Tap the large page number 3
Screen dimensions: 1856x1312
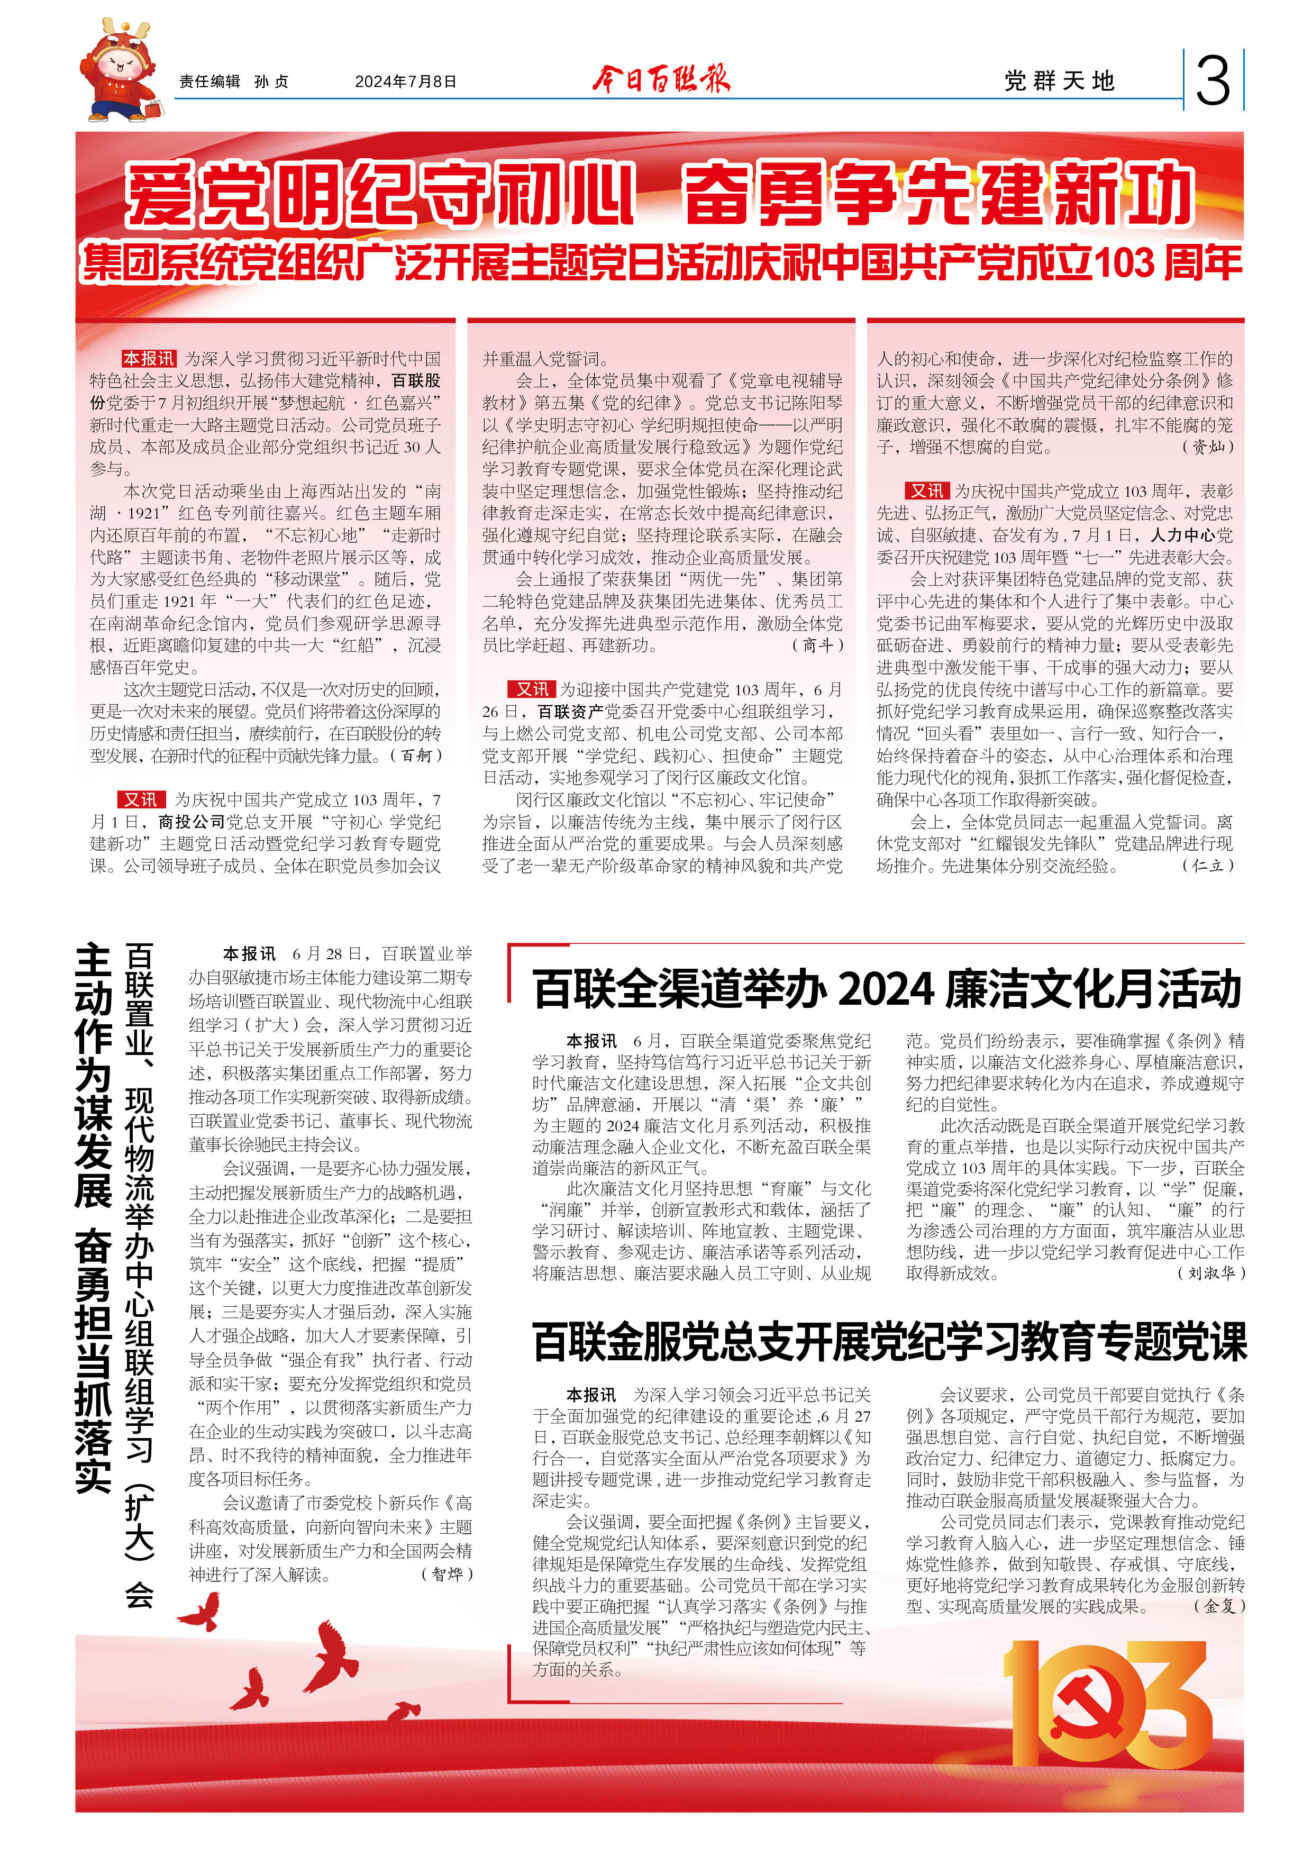tap(1212, 81)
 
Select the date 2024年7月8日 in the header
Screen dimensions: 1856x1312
tap(406, 81)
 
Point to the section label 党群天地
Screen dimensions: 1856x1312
tap(1059, 81)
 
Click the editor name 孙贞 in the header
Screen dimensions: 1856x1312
tap(271, 81)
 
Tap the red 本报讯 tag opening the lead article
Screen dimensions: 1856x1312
tap(149, 359)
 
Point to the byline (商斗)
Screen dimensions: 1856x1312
tap(816, 645)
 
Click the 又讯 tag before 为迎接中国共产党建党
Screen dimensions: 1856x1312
tap(532, 689)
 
